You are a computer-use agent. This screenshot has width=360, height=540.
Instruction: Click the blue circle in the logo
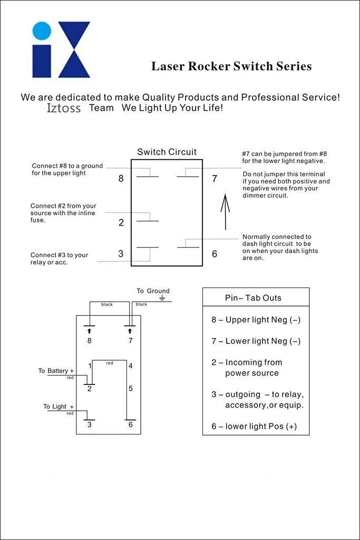(x=42, y=31)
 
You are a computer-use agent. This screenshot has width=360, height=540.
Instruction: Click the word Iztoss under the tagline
(x=64, y=108)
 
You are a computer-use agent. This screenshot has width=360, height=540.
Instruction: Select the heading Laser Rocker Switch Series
(x=231, y=66)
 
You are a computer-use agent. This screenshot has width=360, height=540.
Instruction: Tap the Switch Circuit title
(x=167, y=152)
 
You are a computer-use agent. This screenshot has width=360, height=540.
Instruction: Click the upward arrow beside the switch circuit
(x=225, y=211)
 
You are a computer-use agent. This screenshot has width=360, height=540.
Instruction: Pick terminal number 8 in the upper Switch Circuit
(x=121, y=179)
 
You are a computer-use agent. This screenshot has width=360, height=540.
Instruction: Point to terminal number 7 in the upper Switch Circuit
(x=215, y=179)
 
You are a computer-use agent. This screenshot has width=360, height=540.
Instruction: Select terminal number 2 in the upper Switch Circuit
(x=121, y=223)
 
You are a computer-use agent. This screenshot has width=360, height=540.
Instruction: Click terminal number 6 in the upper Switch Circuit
(x=215, y=254)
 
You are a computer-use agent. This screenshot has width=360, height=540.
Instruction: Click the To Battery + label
(x=56, y=371)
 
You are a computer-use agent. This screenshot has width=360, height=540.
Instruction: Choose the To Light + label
(x=59, y=407)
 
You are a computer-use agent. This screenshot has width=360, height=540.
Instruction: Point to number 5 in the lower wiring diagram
(x=130, y=389)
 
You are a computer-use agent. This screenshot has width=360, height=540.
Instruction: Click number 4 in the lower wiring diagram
(x=130, y=366)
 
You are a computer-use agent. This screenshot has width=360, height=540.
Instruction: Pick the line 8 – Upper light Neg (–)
(x=256, y=320)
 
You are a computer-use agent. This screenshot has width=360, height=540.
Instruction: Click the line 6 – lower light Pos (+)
(x=254, y=426)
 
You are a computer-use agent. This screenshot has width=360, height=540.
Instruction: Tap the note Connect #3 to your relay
(x=59, y=258)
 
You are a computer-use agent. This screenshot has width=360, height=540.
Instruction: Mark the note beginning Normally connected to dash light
(x=280, y=247)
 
